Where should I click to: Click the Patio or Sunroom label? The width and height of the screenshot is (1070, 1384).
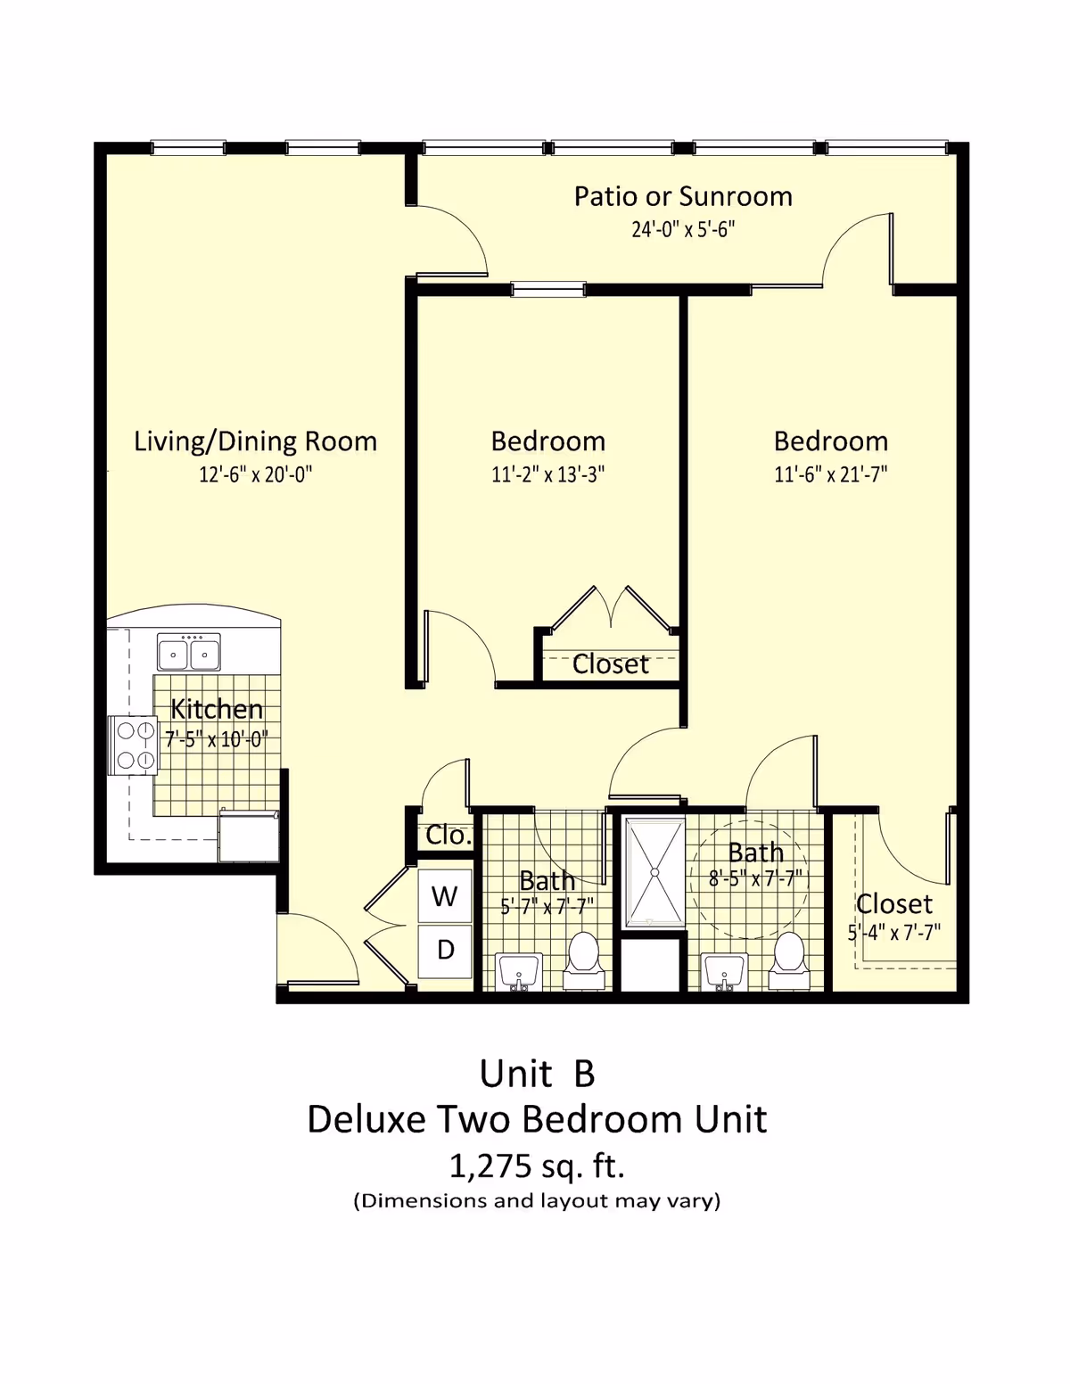(683, 196)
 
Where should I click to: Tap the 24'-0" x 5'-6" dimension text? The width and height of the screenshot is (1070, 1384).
(683, 229)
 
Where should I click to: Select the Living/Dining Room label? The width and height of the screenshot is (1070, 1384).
(255, 441)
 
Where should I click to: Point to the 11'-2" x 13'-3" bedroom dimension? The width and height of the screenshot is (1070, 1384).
(547, 474)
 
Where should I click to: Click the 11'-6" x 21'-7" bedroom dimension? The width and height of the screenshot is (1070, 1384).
(830, 474)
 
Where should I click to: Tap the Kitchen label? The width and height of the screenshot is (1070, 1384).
(217, 709)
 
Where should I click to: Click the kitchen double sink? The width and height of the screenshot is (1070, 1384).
(188, 653)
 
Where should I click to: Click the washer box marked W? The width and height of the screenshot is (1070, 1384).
(445, 896)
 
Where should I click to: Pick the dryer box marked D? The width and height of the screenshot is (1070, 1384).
(445, 951)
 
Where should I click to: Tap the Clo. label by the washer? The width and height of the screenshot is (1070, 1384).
(448, 836)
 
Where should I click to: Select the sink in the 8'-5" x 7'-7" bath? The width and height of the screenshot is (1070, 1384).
(725, 971)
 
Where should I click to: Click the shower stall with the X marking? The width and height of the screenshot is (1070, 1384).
(654, 871)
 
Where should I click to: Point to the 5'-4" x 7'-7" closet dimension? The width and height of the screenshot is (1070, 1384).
(893, 933)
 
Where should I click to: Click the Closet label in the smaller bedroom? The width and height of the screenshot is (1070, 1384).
(610, 664)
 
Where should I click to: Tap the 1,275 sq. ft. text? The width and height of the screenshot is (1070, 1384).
(536, 1166)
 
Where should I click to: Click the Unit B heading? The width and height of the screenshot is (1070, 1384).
(537, 1074)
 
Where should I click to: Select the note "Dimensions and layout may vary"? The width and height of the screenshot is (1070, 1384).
(537, 1201)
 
